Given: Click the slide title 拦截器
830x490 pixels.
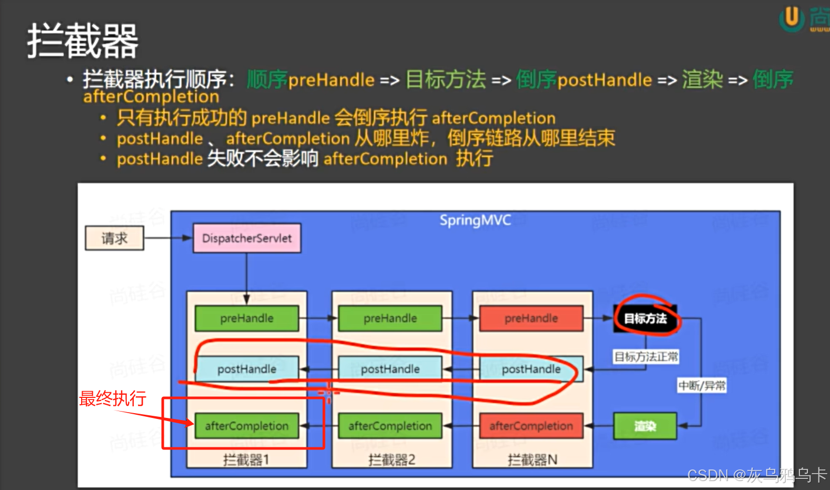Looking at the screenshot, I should (83, 41).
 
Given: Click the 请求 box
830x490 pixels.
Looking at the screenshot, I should (114, 238).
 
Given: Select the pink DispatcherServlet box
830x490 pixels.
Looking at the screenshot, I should (246, 238).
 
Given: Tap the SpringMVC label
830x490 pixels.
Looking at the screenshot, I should (475, 220).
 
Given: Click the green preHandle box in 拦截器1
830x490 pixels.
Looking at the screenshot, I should (246, 318).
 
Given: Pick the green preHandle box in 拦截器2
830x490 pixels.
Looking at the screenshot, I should (390, 318).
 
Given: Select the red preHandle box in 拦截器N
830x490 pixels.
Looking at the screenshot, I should (531, 318).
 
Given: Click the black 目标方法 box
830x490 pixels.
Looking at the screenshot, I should (645, 318).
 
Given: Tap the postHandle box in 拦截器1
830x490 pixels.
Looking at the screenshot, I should (246, 369).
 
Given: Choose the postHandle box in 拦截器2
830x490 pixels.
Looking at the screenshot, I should (390, 369).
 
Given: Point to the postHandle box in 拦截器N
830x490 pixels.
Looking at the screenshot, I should (531, 369).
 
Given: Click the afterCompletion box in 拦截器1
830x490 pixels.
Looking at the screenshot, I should (246, 426).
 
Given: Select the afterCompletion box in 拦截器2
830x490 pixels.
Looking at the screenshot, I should (390, 426).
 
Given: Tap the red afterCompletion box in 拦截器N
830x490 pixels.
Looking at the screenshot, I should (531, 426).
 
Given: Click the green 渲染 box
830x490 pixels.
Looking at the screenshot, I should (645, 426).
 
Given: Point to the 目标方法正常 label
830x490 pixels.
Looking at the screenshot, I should (646, 357).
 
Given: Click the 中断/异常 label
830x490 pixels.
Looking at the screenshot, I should (702, 386).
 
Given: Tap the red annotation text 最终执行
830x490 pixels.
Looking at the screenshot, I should (112, 398).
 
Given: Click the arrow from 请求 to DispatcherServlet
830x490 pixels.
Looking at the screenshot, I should (168, 238).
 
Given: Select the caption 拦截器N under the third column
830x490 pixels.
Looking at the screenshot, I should (532, 460).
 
